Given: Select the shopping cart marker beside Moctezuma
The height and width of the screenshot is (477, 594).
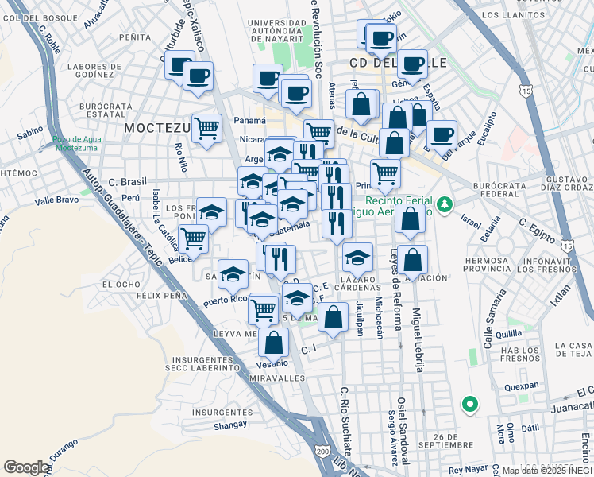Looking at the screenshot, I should pos(206,126).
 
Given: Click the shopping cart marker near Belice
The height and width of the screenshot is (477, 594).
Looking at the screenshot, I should pos(192,237).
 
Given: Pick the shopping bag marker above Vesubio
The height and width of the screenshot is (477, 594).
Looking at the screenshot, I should pos(274,343).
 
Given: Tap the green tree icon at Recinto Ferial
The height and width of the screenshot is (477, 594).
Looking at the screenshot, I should pos(445,204).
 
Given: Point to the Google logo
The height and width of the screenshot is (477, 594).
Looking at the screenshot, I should pos(26,467).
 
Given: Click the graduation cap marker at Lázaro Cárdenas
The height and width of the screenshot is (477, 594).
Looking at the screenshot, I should pos(358,258).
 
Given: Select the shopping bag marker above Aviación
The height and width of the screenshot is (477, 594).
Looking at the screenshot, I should pos(413,259).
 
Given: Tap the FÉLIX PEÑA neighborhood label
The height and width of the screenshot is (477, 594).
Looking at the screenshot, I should pos(160,295).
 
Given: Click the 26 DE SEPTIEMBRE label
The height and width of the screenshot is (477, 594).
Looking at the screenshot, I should pos(459,436).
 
